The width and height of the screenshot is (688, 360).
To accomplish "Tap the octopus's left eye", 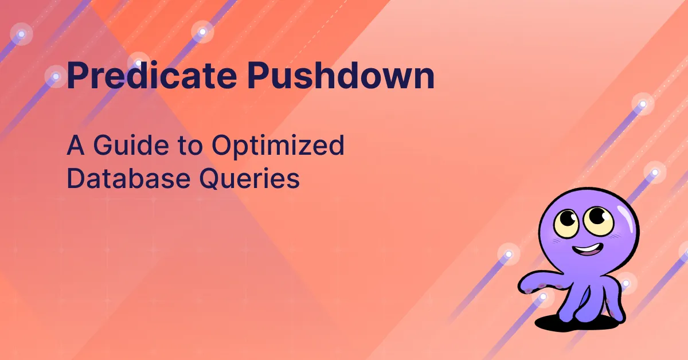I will coord(569,220).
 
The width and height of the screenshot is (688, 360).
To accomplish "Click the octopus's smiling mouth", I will coord(585,251).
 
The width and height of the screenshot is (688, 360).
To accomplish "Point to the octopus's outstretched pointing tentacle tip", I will coord(523,285).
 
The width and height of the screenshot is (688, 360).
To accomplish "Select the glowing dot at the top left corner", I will coord(21,34).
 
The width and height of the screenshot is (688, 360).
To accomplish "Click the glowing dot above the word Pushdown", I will coord(202,32).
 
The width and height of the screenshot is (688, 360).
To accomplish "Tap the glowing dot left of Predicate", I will coord(56,76).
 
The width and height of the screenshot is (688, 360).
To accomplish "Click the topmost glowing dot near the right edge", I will coord(643,104).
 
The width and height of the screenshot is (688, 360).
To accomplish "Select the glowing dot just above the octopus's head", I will coord(654,171).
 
